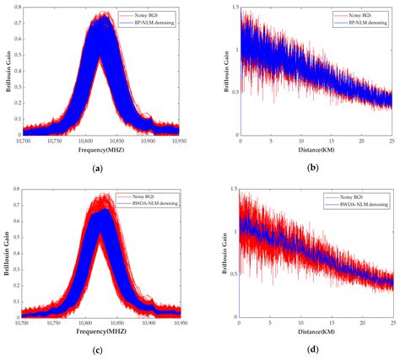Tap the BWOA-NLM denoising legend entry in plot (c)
point(153,205)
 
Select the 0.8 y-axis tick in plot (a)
point(17,10)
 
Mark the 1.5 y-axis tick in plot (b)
point(233,10)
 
